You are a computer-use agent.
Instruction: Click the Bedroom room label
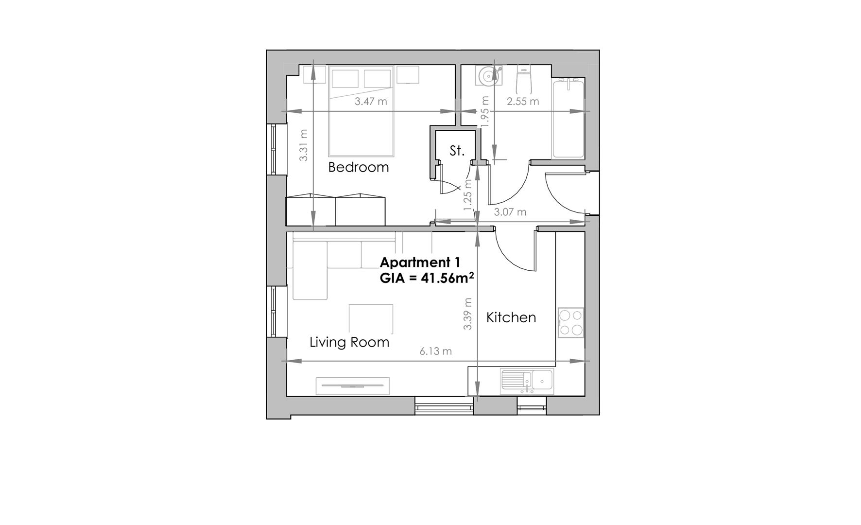359,167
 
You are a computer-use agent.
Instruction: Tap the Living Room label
349,342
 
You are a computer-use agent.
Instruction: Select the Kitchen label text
511,317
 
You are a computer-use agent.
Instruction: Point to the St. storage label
457,151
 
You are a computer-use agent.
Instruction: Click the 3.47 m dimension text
371,102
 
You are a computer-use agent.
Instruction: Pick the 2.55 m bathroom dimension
523,102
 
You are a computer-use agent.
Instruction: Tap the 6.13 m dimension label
436,351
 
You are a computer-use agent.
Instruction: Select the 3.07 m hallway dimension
510,212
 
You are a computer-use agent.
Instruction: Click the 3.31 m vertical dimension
304,145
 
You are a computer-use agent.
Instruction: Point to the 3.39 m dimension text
467,314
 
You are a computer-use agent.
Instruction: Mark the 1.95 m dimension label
484,112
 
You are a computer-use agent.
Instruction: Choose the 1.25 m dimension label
467,195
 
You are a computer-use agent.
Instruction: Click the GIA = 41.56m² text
427,279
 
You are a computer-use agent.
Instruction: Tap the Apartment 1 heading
420,262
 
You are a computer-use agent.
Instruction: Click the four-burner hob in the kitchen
571,323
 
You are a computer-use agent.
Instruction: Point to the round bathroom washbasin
488,75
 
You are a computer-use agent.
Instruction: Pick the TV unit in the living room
352,386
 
